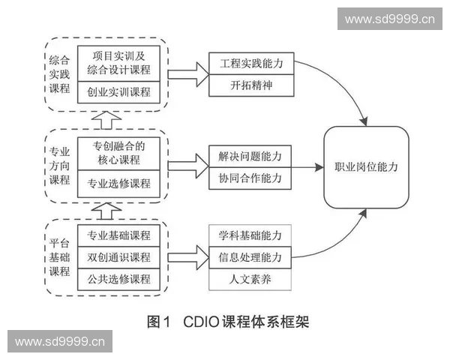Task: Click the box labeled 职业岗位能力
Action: pyautogui.click(x=366, y=167)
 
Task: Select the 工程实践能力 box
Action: pyautogui.click(x=251, y=64)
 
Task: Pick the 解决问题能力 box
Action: pyautogui.click(x=251, y=157)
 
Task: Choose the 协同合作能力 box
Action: pyautogui.click(x=251, y=178)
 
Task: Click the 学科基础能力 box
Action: pyautogui.click(x=251, y=235)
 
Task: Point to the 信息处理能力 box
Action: pyautogui.click(x=251, y=257)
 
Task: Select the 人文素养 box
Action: pyautogui.click(x=251, y=279)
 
